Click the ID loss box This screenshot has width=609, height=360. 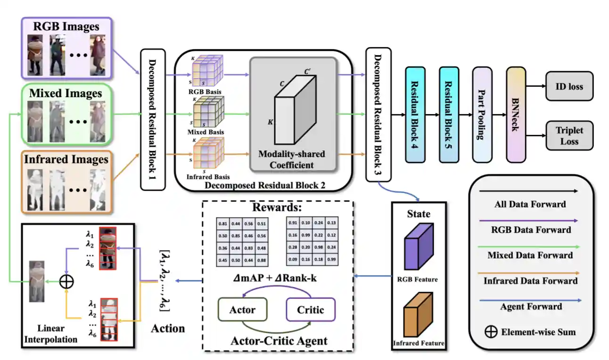tap(569, 86)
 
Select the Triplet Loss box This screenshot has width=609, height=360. tap(569, 136)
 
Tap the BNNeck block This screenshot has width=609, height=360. tap(516, 115)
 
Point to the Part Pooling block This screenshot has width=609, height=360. tap(481, 115)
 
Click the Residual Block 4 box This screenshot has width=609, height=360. tap(415, 115)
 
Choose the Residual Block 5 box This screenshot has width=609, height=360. tap(448, 115)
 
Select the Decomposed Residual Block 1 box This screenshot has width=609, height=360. tap(153, 119)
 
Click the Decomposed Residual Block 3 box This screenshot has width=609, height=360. tap(379, 115)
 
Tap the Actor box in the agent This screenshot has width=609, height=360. tap(242, 310)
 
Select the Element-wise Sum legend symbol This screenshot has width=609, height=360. tap(491, 331)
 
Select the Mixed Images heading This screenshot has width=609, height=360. tap(66, 93)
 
